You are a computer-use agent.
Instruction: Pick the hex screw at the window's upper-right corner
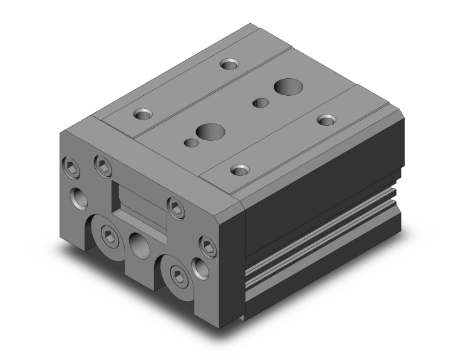(x=176, y=205)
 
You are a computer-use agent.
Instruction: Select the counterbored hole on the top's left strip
(x=143, y=114)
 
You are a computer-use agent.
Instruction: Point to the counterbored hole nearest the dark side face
(x=326, y=119)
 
